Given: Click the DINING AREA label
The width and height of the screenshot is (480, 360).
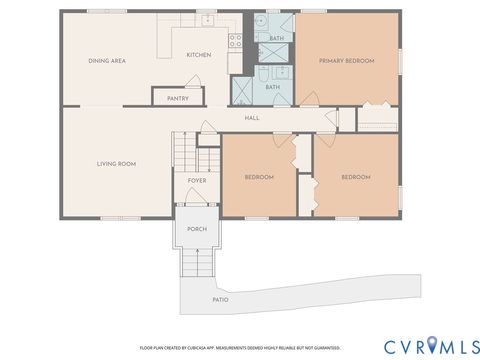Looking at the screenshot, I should (107, 61).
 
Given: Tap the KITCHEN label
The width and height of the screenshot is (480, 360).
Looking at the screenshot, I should (198, 55).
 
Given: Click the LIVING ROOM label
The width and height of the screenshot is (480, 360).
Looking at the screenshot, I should (116, 163).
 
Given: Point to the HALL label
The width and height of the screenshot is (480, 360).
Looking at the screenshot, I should (253, 118).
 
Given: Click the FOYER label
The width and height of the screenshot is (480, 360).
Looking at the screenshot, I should (197, 181).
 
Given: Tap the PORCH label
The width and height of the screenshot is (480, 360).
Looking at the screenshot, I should (197, 228).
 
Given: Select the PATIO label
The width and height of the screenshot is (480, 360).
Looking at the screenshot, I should (220, 299).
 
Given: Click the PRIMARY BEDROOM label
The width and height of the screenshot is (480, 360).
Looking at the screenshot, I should (346, 61).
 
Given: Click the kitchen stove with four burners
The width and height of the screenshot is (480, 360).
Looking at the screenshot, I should (236, 41).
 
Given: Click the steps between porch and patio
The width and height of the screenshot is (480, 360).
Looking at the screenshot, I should (197, 264).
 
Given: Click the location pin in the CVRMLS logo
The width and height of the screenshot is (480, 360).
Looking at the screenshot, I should (433, 345).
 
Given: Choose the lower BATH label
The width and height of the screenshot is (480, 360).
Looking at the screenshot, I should (272, 87).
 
